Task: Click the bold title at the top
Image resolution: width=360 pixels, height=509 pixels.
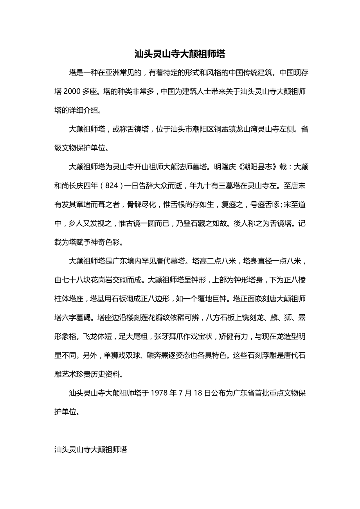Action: pos(180,54)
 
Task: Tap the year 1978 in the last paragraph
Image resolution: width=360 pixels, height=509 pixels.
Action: pos(160,393)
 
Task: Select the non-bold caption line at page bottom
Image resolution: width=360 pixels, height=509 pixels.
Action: pos(91,450)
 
